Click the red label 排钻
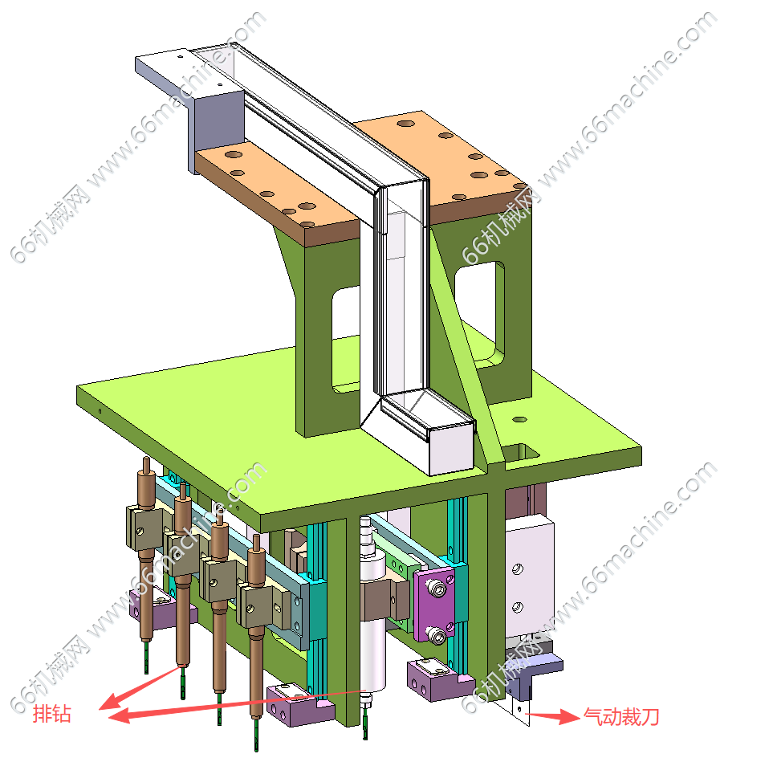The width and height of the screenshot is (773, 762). [x=51, y=714]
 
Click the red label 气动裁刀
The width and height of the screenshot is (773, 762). [x=621, y=716]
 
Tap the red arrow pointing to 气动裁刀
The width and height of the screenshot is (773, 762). [x=552, y=715]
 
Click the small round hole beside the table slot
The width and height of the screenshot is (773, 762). [x=519, y=419]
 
